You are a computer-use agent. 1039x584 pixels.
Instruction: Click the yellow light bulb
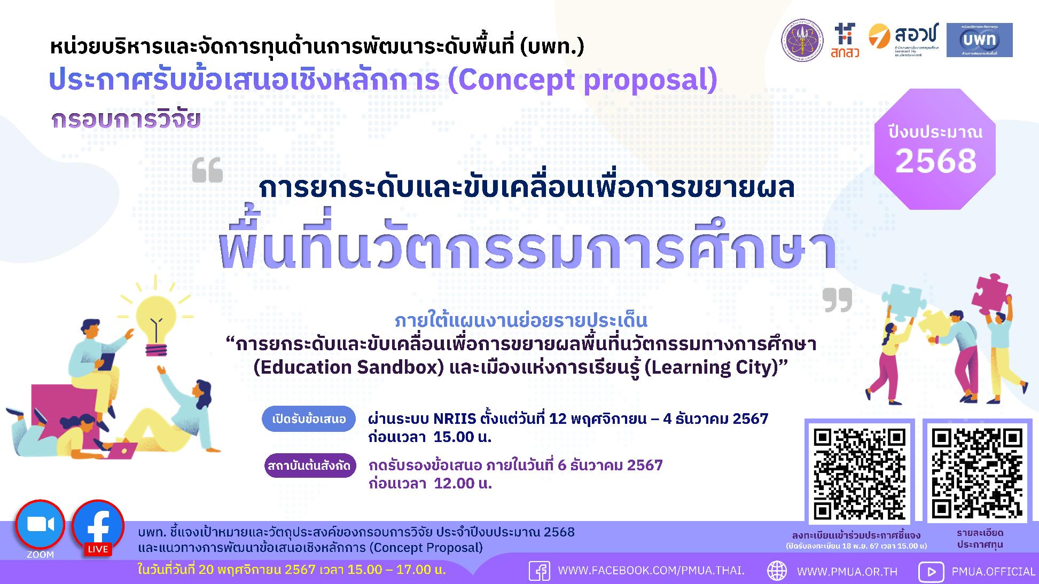pos(155,323)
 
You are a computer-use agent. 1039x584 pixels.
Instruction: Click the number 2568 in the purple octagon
pos(935,161)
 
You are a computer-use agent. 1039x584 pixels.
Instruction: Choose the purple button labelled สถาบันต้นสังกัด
pos(310,465)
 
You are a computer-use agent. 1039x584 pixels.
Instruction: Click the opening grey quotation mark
pos(207,171)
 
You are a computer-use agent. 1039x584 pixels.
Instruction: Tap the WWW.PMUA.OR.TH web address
pos(847,571)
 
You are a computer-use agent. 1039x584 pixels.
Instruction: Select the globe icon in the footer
pos(777,571)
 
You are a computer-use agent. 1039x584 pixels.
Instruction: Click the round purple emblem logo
pos(802,41)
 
